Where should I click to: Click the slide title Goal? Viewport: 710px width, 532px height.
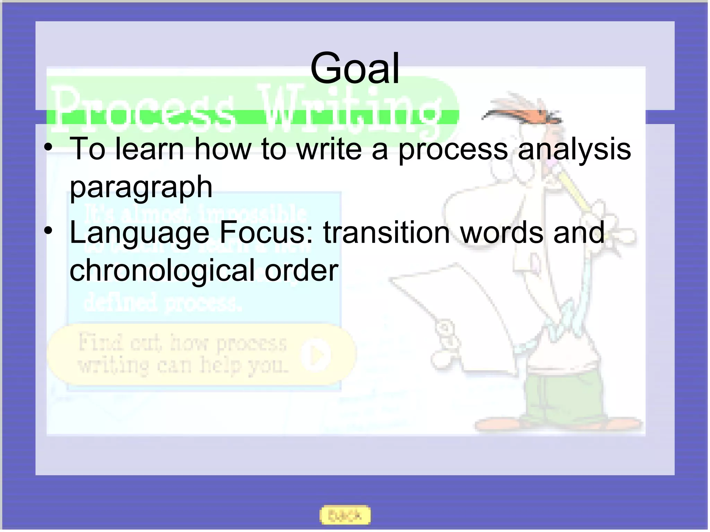[x=355, y=68]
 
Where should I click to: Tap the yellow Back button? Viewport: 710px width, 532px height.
[x=345, y=515]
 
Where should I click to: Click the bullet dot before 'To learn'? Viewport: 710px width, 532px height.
[x=49, y=147]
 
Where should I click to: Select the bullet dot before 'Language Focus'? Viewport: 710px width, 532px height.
[x=49, y=230]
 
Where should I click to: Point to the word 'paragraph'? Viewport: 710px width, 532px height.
[x=141, y=187]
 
